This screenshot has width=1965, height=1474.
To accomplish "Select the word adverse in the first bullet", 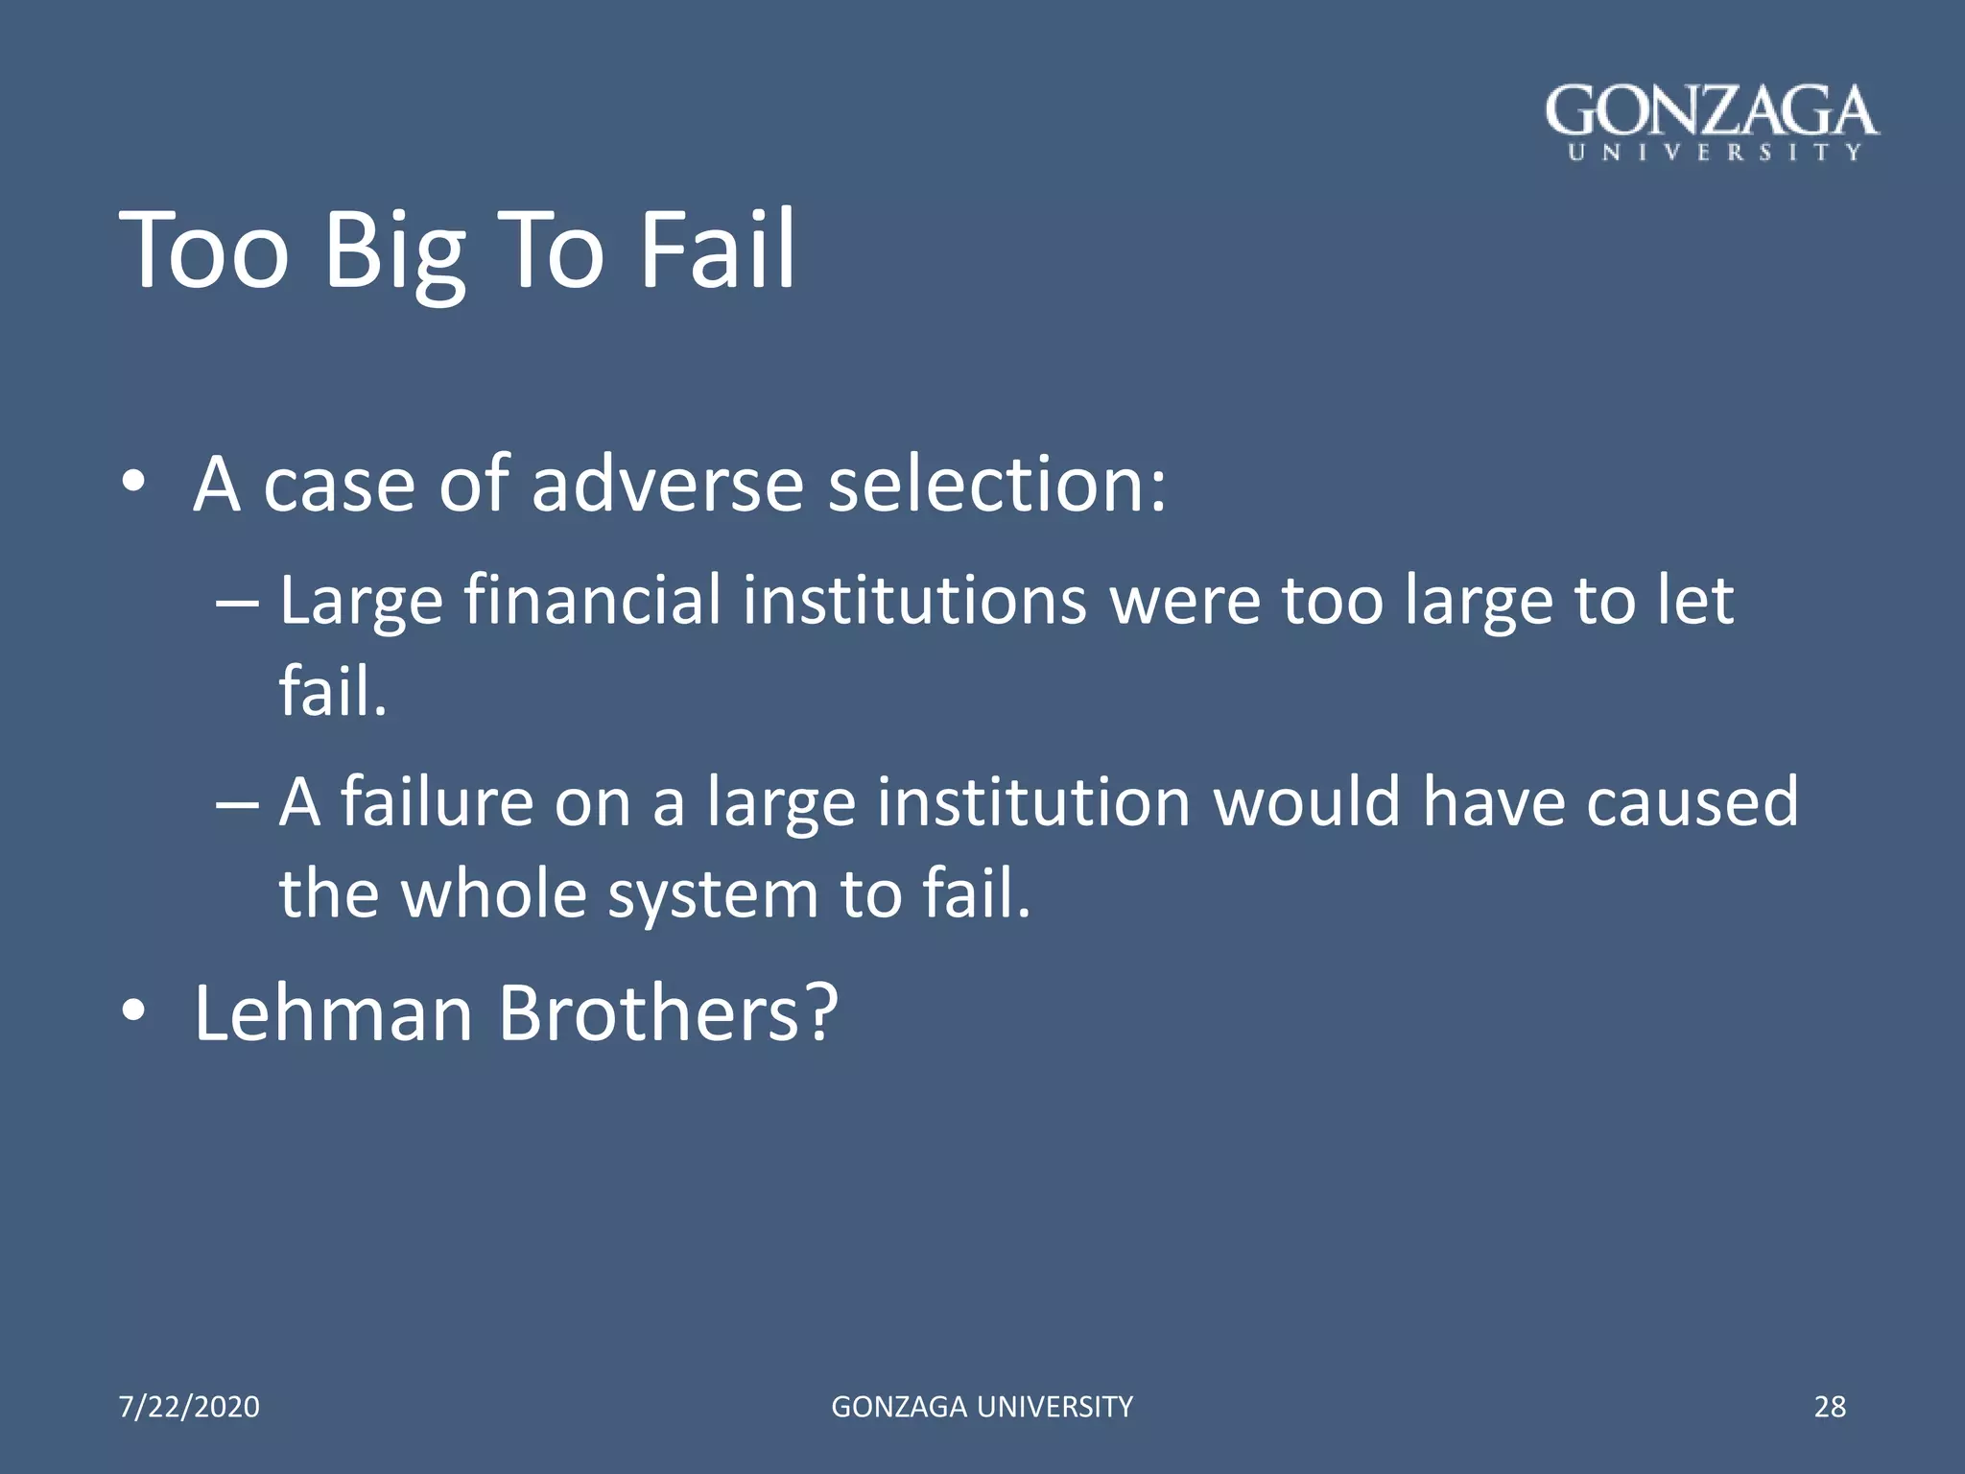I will point(667,484).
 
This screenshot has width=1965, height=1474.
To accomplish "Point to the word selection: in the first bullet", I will point(998,484).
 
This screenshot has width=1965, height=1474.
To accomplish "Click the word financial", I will point(592,601).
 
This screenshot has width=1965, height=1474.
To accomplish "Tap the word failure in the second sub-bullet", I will point(438,802).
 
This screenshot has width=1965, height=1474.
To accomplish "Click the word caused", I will point(1693,802).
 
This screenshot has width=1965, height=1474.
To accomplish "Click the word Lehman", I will point(334,1013).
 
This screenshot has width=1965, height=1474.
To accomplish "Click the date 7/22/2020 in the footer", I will point(189,1407).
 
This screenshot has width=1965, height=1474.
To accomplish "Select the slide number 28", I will point(1830,1407).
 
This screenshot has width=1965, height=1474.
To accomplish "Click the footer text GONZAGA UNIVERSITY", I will point(982,1407).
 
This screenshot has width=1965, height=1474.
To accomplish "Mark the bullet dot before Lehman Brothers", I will point(133,1011).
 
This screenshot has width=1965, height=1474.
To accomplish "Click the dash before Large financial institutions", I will point(237,605).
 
